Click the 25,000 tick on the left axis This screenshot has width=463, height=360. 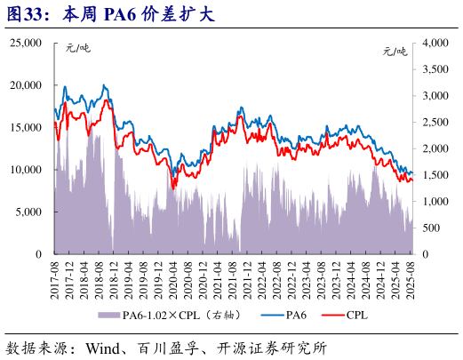(26, 43)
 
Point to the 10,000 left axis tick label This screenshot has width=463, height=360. (26, 170)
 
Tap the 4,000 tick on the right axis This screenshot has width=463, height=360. (436, 43)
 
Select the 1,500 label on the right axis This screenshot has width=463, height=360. (436, 175)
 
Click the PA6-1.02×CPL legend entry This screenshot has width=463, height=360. (176, 316)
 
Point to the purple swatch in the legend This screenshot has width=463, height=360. (108, 316)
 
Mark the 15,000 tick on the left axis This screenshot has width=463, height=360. (26, 127)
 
